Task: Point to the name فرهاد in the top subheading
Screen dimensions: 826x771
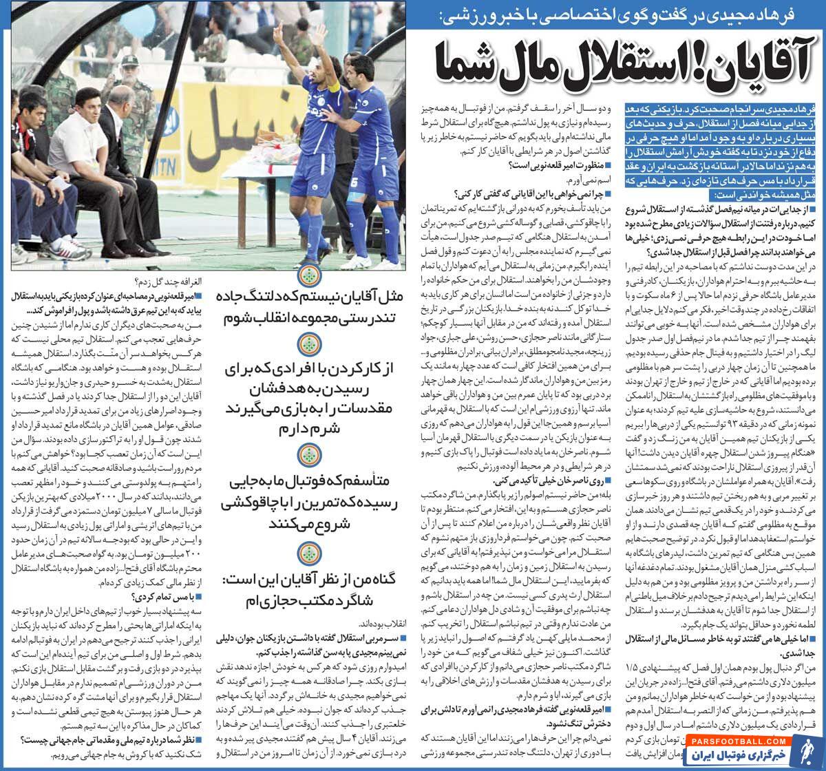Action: [792, 13]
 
